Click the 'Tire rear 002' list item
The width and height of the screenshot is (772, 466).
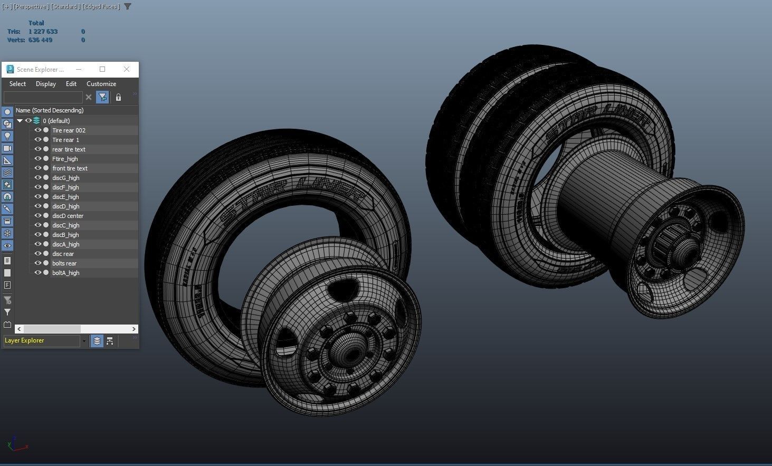[69, 130]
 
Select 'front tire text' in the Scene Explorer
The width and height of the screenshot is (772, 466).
[70, 168]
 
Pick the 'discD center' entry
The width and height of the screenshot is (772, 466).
[68, 216]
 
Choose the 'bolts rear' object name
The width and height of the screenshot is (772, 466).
[64, 263]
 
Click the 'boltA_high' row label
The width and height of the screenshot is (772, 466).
[65, 273]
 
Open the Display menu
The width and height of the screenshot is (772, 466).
[46, 84]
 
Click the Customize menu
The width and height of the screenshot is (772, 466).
[101, 84]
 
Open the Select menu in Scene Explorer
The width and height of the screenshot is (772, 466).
[17, 84]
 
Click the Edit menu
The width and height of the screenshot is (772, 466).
[71, 84]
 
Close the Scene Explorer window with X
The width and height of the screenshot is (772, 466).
[127, 69]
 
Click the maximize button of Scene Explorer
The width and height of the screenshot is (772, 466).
[102, 69]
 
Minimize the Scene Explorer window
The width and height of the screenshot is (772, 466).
[79, 69]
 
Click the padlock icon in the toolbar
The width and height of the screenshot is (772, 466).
[118, 98]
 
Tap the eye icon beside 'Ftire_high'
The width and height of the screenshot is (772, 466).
[38, 159]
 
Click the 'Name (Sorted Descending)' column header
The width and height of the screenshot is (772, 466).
[50, 110]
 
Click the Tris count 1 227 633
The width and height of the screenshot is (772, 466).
[43, 32]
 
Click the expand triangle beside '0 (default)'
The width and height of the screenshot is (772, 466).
[20, 121]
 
